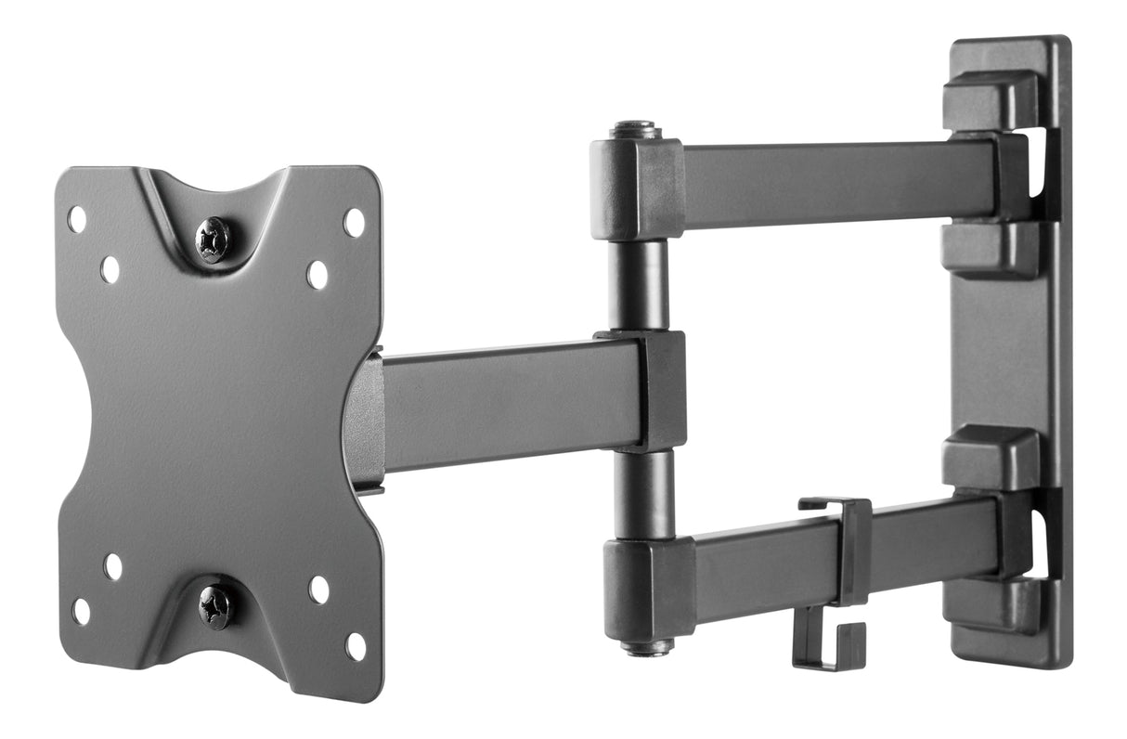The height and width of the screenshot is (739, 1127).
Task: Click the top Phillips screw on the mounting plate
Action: click(214, 240)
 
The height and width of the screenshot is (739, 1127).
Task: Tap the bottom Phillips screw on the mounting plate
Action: click(215, 605)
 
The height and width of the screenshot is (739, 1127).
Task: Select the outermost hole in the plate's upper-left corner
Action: click(77, 219)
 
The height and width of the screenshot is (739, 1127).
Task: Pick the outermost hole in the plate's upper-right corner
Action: click(355, 222)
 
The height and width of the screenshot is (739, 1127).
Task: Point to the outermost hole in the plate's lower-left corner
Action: click(82, 611)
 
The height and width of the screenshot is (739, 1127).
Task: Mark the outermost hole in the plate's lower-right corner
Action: click(356, 646)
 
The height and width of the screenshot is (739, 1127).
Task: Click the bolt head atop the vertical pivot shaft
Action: click(635, 130)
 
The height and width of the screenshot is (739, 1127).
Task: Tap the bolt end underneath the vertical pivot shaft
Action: click(647, 646)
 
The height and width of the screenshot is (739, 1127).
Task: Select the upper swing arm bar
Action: click(826, 182)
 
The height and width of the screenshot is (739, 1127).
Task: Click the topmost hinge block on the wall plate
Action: click(991, 100)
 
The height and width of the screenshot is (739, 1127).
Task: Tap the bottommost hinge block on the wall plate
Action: click(991, 604)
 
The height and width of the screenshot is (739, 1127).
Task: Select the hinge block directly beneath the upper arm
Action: click(990, 250)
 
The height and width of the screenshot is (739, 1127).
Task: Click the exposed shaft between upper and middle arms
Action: click(639, 284)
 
